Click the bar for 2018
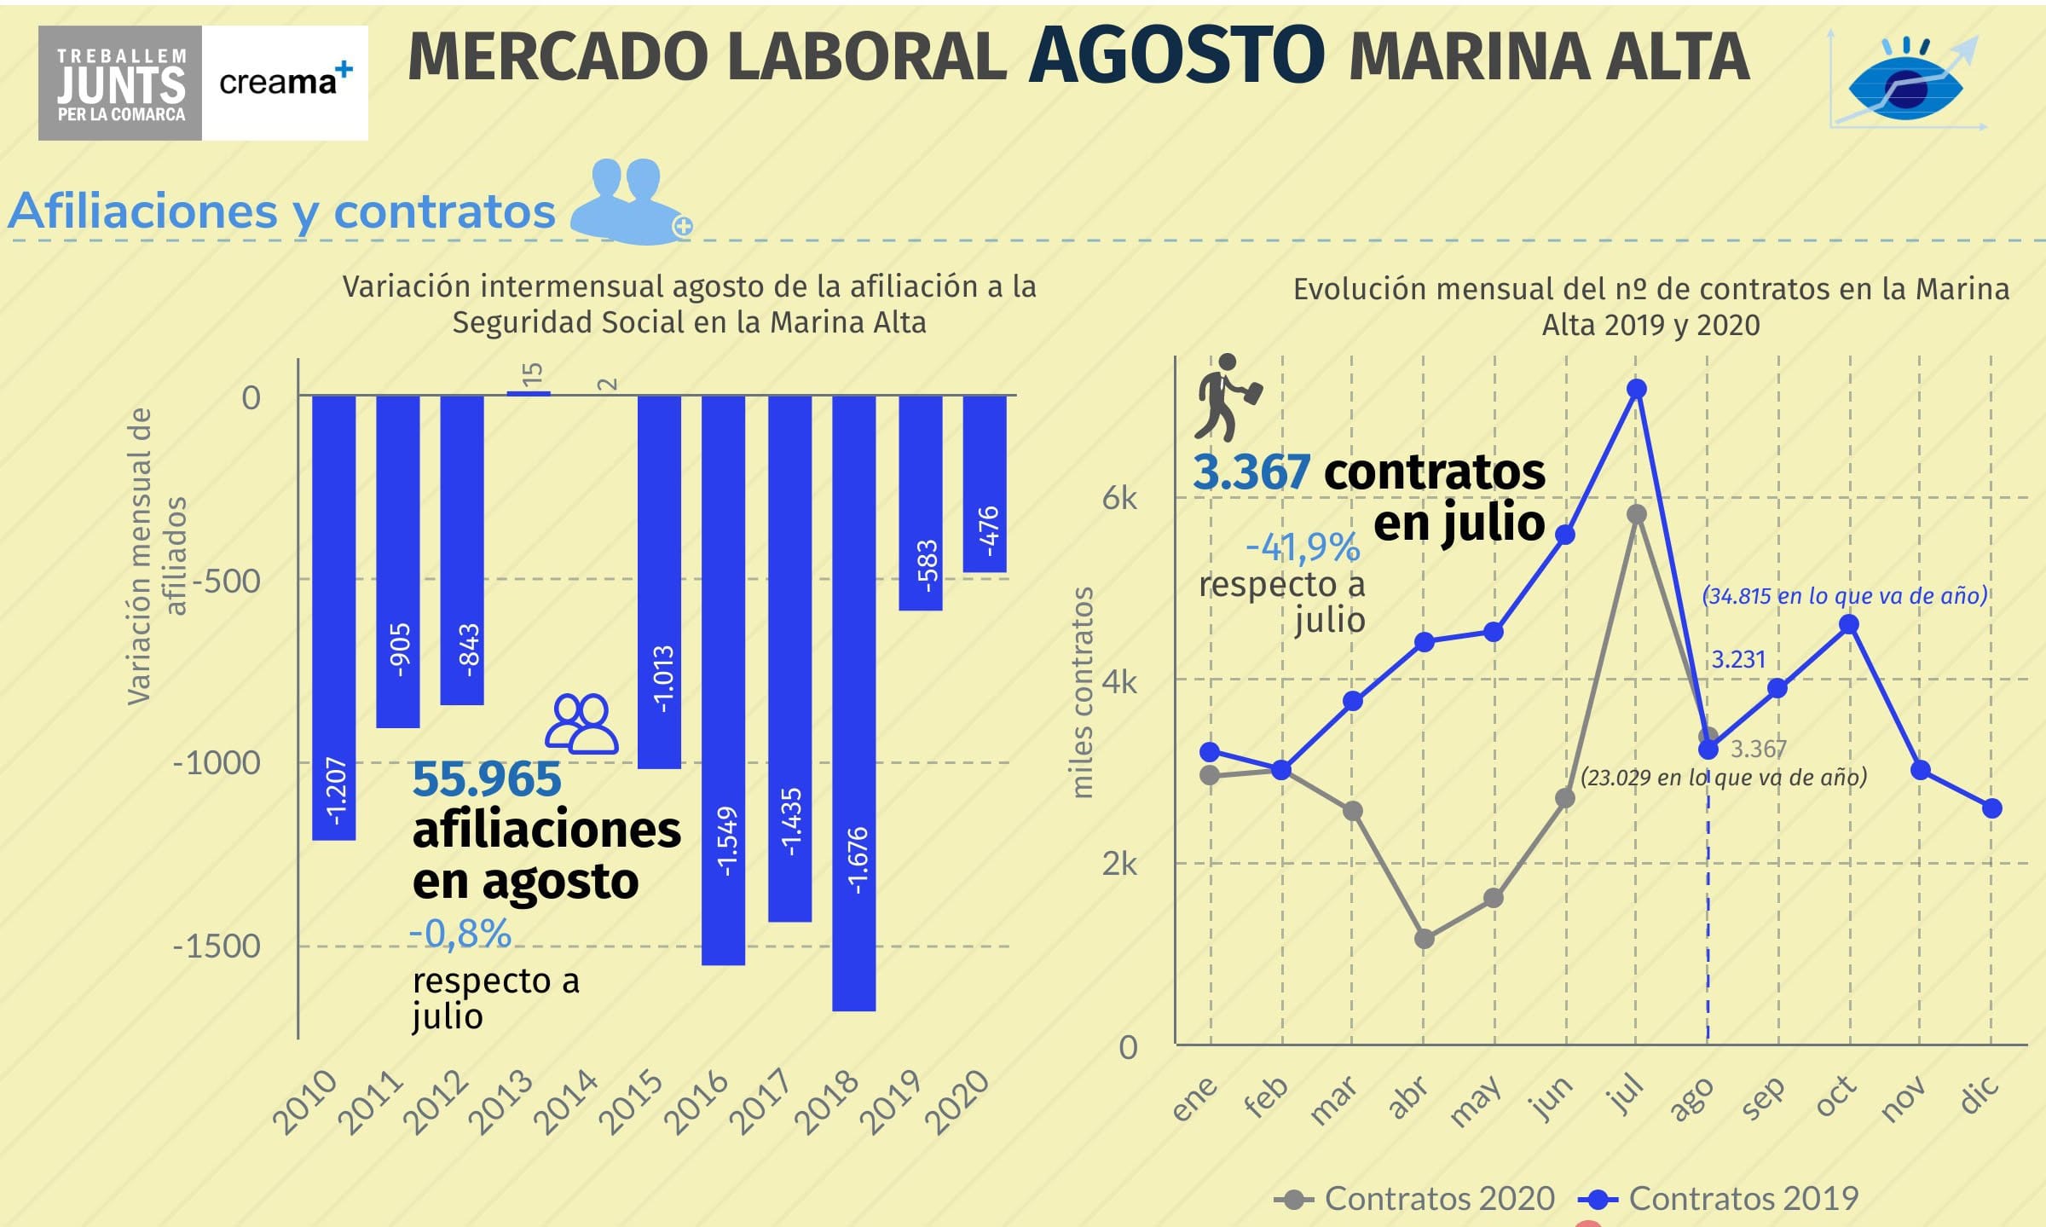click(x=853, y=703)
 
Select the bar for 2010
click(x=333, y=617)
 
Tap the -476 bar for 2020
click(x=985, y=483)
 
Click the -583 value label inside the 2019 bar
click(x=927, y=564)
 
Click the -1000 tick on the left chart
click(x=217, y=762)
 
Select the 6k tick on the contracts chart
click(x=1118, y=498)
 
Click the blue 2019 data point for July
click(x=1636, y=390)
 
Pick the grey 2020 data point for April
click(x=1424, y=939)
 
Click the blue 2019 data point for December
click(x=1991, y=808)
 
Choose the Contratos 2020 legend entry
click(x=1415, y=1199)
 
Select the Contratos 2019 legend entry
click(x=1719, y=1199)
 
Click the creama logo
click(x=285, y=82)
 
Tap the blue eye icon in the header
click(x=1905, y=86)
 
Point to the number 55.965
click(x=487, y=779)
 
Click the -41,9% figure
click(x=1302, y=547)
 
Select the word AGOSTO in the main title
click(x=1176, y=56)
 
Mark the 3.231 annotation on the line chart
click(x=1738, y=659)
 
